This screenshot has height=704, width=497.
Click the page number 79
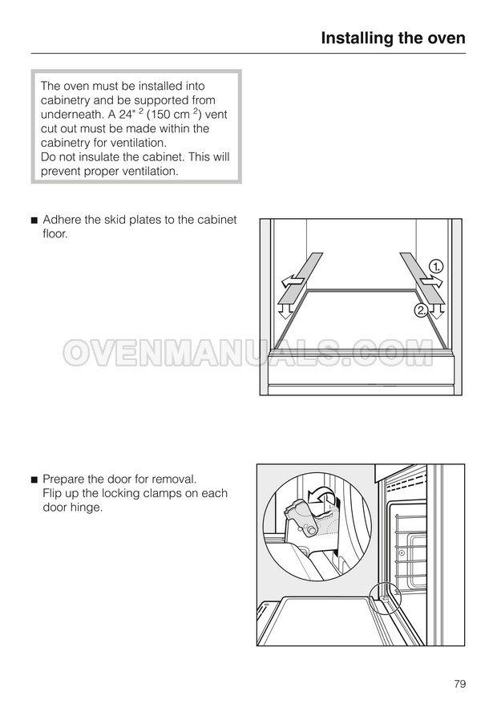pos(460,684)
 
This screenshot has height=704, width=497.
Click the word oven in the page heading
pos(443,38)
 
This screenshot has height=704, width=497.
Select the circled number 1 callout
pos(435,267)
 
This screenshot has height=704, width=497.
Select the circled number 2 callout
pos(421,310)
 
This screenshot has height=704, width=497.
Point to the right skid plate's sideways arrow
pos(431,282)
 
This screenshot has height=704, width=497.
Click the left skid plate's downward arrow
pos(284,309)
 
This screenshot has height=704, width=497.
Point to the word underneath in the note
pos(72,114)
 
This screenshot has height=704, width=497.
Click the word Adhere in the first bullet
pos(62,220)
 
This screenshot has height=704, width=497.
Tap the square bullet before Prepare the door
pos(34,480)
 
